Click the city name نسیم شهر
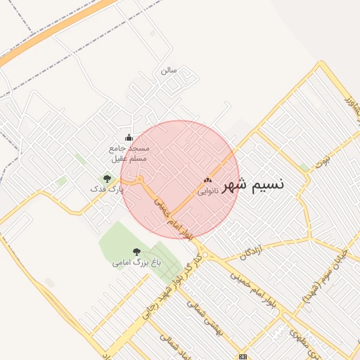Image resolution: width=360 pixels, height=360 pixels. [254, 185]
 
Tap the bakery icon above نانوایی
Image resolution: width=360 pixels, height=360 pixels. [207, 181]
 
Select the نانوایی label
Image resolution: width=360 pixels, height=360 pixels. [207, 191]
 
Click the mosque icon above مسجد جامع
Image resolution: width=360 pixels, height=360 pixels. [128, 138]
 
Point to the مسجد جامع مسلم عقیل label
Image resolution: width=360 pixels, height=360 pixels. [129, 154]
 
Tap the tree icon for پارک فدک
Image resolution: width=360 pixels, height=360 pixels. [107, 179]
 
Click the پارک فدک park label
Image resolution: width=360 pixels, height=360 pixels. [106, 189]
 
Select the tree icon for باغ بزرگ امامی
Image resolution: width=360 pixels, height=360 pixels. [136, 251]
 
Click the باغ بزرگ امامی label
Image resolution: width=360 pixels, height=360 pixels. [136, 262]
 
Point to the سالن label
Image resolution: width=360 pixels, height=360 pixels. [169, 70]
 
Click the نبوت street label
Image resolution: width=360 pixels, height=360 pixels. [322, 162]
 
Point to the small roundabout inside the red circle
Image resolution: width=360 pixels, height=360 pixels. [141, 179]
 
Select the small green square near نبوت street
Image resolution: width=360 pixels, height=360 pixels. [304, 167]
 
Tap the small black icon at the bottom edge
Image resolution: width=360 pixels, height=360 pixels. [243, 356]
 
